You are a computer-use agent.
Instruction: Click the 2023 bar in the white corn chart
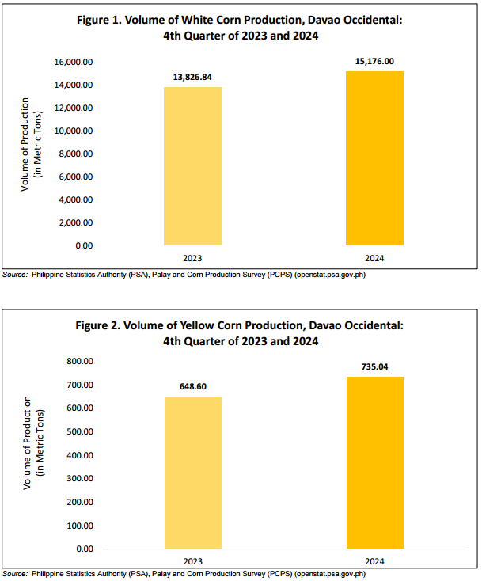point(192,166)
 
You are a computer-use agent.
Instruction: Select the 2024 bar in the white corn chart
point(374,158)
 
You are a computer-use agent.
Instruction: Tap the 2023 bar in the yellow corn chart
point(193,473)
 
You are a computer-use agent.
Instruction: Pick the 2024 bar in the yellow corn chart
point(375,463)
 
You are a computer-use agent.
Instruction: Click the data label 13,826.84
point(192,77)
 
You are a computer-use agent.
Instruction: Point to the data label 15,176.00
point(374,61)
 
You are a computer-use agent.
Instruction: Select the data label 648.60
point(193,386)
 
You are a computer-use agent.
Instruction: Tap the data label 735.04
point(375,366)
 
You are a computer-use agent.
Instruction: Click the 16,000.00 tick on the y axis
point(74,62)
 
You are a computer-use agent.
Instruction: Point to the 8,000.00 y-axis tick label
point(75,154)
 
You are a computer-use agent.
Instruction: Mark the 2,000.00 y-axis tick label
point(75,222)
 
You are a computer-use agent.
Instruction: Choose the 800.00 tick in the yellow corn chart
point(80,361)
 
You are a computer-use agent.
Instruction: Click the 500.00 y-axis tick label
point(80,431)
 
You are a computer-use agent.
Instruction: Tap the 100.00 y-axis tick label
point(80,526)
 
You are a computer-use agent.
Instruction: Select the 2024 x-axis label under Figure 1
point(374,258)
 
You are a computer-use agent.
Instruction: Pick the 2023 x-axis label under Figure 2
point(193,561)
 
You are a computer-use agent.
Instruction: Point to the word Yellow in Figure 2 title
point(197,325)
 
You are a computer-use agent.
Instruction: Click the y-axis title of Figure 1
point(31,145)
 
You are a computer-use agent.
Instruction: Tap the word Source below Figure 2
point(15,574)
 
